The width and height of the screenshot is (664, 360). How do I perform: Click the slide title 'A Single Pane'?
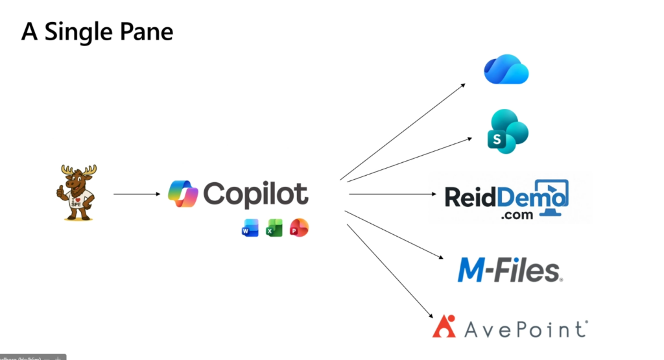click(x=97, y=31)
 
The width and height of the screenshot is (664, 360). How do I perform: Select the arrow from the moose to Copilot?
click(x=136, y=193)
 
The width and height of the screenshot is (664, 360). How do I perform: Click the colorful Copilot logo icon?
click(x=182, y=194)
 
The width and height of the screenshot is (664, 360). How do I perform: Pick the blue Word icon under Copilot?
click(x=250, y=228)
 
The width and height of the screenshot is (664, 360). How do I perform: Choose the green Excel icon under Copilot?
click(x=274, y=228)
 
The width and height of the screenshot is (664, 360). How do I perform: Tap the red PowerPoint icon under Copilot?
click(x=299, y=228)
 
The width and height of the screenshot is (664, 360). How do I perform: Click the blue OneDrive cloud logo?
click(x=506, y=69)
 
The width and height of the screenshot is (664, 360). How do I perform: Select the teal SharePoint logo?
click(x=508, y=132)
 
